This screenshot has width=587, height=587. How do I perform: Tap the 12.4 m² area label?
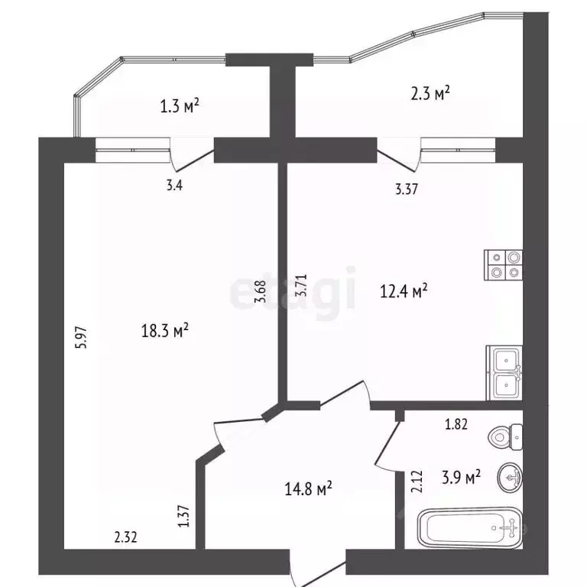pyautogui.click(x=403, y=290)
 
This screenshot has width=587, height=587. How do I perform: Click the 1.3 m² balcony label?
pyautogui.click(x=180, y=105)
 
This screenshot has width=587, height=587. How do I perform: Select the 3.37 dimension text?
pyautogui.click(x=406, y=191)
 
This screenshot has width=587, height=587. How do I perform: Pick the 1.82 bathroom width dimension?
pyautogui.click(x=456, y=426)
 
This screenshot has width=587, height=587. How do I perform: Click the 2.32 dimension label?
pyautogui.click(x=126, y=538)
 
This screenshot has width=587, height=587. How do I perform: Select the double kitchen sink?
pyautogui.click(x=504, y=372)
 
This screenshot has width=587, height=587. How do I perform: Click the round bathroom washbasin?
pyautogui.click(x=510, y=478)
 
